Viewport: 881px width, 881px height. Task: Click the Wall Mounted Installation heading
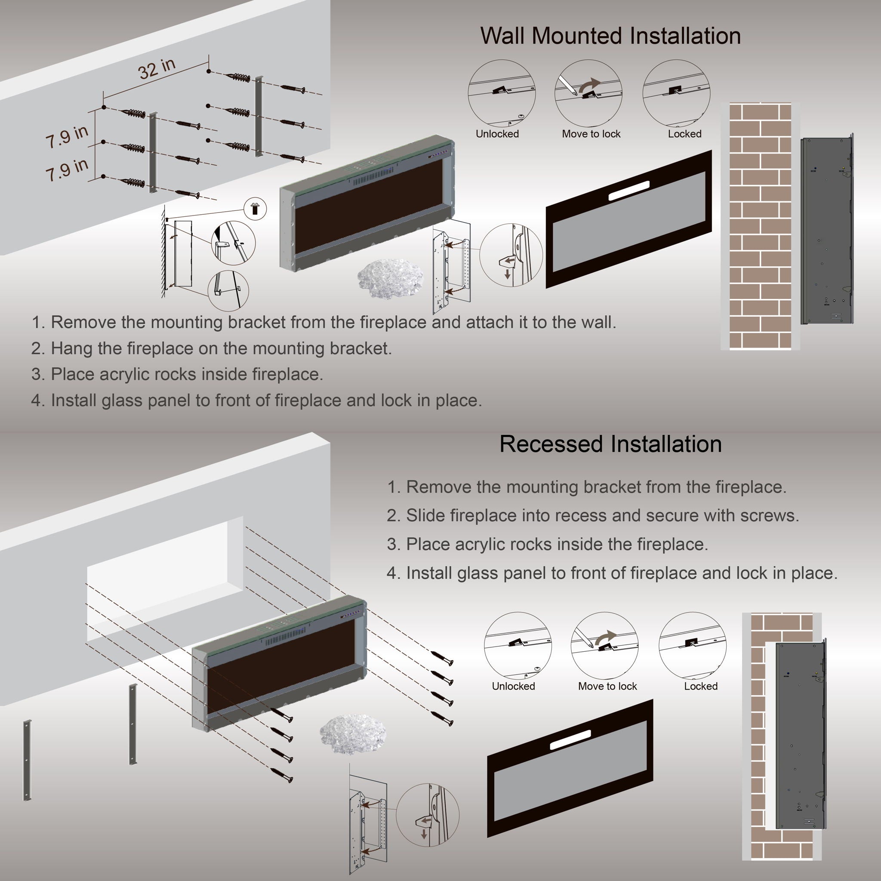tap(610, 36)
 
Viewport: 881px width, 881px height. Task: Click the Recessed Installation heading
tap(610, 444)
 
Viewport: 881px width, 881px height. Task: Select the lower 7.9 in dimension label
tap(67, 169)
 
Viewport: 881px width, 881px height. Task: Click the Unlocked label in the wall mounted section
tap(497, 134)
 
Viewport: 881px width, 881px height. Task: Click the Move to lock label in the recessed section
tap(607, 686)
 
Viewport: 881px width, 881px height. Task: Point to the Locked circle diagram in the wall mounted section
tap(676, 93)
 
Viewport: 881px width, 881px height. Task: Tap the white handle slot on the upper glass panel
tap(629, 191)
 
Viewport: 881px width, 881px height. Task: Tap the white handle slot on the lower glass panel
tap(570, 739)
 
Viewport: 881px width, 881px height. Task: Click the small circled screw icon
tap(255, 209)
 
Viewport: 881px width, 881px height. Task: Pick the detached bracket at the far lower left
tap(28, 760)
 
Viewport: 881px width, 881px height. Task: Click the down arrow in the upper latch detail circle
tap(508, 274)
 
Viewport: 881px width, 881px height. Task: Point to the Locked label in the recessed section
tap(700, 686)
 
